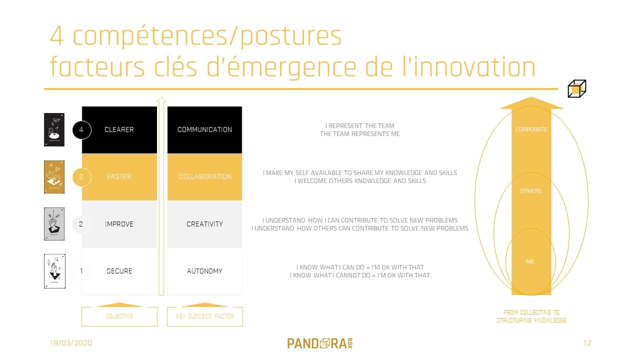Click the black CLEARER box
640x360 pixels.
click(x=119, y=129)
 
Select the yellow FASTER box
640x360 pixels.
click(x=119, y=176)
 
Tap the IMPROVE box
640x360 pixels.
click(x=119, y=224)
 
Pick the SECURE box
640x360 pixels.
click(x=119, y=271)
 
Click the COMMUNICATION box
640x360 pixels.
click(x=204, y=129)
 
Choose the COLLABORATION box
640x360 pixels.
click(x=204, y=176)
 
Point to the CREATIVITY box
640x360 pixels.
click(x=204, y=224)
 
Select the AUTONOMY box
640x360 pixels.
click(x=204, y=271)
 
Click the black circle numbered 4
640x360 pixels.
click(x=81, y=130)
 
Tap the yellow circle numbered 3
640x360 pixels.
click(x=81, y=176)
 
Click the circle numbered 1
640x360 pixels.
click(x=81, y=271)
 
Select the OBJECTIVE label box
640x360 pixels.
click(x=119, y=316)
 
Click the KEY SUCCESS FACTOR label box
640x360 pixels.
click(x=204, y=316)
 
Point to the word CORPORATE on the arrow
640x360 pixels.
click(x=531, y=129)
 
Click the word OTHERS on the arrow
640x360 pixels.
click(x=531, y=191)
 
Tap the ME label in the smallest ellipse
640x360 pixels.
click(x=530, y=261)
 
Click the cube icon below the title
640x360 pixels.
click(x=576, y=89)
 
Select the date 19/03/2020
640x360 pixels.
click(x=70, y=343)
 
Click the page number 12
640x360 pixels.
click(x=587, y=343)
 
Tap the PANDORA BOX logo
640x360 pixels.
click(x=320, y=343)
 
